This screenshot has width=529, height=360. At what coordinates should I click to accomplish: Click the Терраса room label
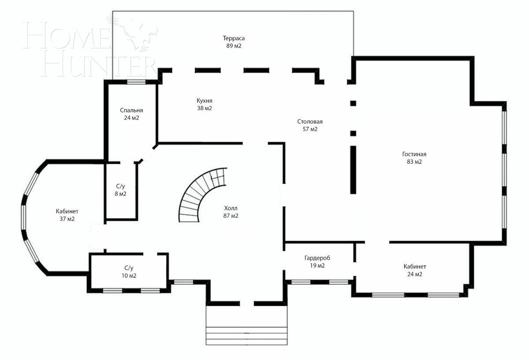click(233, 38)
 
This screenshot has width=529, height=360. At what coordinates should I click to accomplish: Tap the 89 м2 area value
click(233, 46)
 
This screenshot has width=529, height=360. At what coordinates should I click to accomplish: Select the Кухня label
click(205, 100)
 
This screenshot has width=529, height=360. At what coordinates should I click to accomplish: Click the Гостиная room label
click(414, 154)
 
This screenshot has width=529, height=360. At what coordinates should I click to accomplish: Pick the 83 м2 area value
click(414, 162)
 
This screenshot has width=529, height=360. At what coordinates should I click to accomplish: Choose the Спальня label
click(131, 110)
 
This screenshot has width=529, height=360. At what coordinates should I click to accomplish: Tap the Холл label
click(231, 208)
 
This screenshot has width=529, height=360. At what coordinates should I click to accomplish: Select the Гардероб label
click(317, 258)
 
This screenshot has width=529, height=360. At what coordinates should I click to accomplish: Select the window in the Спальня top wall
click(136, 82)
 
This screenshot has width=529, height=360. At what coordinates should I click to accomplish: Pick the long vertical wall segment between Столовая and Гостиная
click(353, 170)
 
